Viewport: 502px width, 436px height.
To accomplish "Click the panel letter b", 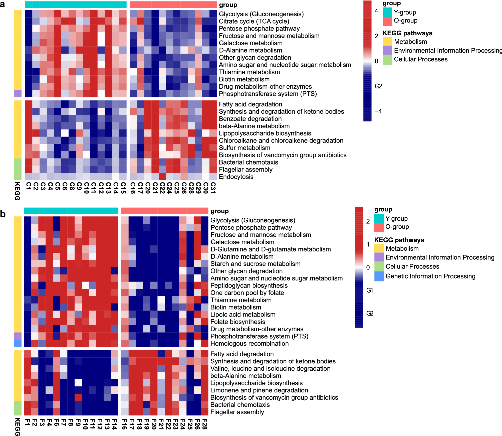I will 3,214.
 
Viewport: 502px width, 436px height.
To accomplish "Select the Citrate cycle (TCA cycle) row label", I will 254,21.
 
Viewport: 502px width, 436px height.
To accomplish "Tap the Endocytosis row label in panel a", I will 236,177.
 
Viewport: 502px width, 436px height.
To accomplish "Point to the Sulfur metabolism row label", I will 244,148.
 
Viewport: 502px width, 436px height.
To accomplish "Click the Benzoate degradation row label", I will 250,119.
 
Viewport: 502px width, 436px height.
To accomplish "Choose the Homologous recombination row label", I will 249,344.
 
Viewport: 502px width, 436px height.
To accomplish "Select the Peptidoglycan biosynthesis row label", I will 249,285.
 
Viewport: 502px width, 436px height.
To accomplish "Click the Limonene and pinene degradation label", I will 259,390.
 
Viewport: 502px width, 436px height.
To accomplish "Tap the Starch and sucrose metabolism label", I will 255,264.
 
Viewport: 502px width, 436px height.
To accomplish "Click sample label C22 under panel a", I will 162,188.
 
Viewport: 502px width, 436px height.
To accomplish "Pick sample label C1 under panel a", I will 29,186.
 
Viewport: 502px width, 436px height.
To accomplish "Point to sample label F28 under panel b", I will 205,424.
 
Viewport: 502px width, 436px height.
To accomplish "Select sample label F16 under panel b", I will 125,424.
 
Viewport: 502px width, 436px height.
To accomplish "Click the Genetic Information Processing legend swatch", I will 379,276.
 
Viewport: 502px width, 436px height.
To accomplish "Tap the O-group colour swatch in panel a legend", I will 387,21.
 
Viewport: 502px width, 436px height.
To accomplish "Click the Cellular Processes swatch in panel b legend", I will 379,266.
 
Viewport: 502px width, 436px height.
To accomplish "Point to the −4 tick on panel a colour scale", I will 378,111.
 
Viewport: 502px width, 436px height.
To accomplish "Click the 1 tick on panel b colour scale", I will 368,244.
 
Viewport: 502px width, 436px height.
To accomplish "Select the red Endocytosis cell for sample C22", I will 162,177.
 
